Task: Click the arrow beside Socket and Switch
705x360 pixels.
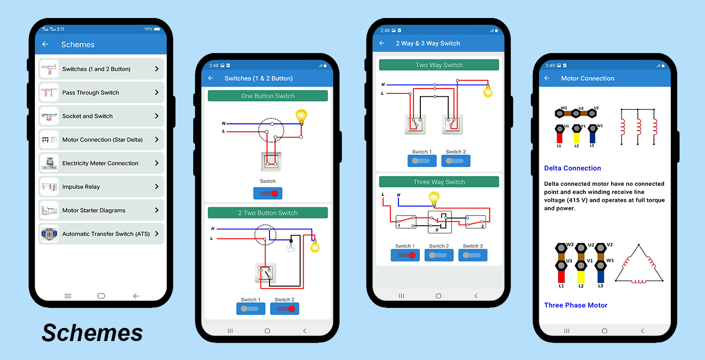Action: [x=157, y=116]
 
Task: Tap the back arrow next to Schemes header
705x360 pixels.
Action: [x=45, y=44]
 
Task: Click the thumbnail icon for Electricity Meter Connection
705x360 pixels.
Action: [x=49, y=163]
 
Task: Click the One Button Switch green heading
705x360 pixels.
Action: [x=268, y=96]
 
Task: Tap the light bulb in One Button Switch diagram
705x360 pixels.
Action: [x=302, y=117]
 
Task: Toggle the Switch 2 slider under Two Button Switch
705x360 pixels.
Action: [x=285, y=308]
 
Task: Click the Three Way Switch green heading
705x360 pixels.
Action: [x=439, y=182]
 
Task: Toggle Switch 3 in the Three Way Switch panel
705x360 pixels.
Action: [x=472, y=255]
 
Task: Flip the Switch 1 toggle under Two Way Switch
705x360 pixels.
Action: [x=422, y=161]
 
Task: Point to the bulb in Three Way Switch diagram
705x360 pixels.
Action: [x=434, y=198]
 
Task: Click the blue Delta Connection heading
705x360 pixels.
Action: [x=572, y=168]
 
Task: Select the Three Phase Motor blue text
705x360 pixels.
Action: [x=576, y=306]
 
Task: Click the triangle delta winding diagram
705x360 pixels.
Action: [x=639, y=265]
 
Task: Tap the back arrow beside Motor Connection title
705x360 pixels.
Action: [x=547, y=78]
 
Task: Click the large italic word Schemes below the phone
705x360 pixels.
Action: [x=92, y=333]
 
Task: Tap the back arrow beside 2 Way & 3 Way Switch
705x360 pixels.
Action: [x=382, y=43]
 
